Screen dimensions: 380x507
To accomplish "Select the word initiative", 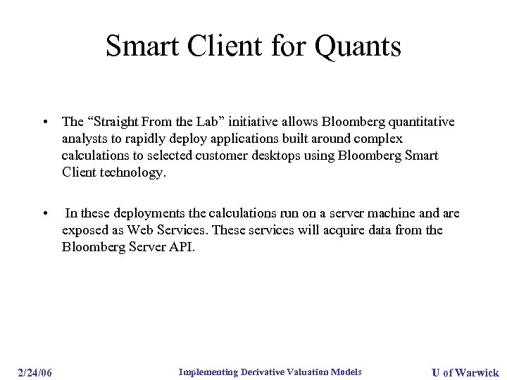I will point(268,122).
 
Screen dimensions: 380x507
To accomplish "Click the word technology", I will point(130,172).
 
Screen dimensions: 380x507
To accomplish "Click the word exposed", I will point(84,231).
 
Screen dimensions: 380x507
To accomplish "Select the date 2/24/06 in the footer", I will point(35,372).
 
